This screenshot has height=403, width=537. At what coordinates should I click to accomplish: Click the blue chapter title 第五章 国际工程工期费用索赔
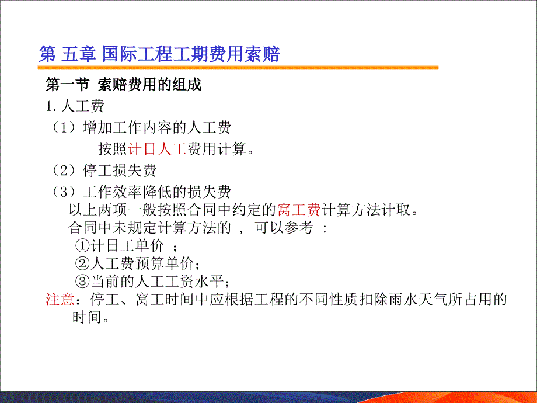click(x=159, y=54)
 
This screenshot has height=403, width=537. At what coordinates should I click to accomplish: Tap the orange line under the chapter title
click(x=238, y=68)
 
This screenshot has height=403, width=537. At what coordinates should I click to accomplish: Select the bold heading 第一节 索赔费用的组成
click(x=124, y=84)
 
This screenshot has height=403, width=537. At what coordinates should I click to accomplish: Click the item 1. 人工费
click(x=75, y=106)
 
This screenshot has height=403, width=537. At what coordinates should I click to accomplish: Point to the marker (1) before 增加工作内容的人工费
click(x=64, y=127)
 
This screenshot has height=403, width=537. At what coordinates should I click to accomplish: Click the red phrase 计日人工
click(x=157, y=149)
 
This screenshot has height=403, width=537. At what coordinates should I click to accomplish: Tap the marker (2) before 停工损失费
click(x=64, y=171)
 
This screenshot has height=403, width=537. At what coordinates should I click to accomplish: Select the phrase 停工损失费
click(x=120, y=171)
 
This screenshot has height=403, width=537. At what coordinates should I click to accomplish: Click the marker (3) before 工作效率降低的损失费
click(x=64, y=192)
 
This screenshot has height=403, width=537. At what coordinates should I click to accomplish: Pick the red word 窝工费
click(x=299, y=210)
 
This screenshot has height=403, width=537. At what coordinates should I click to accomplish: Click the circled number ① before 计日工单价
click(x=82, y=245)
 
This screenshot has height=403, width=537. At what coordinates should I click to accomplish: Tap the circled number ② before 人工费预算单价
click(x=82, y=263)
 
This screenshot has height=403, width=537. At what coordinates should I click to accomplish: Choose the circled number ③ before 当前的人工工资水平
click(x=82, y=282)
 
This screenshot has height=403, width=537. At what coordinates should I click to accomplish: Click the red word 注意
click(x=60, y=299)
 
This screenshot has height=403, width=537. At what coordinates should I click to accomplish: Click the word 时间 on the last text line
click(x=86, y=317)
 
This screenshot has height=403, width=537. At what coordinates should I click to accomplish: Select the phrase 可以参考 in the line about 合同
click(x=284, y=228)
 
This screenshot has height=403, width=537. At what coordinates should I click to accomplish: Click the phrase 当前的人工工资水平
click(x=157, y=282)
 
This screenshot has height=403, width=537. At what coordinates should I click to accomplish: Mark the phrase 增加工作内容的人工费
click(x=157, y=127)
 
